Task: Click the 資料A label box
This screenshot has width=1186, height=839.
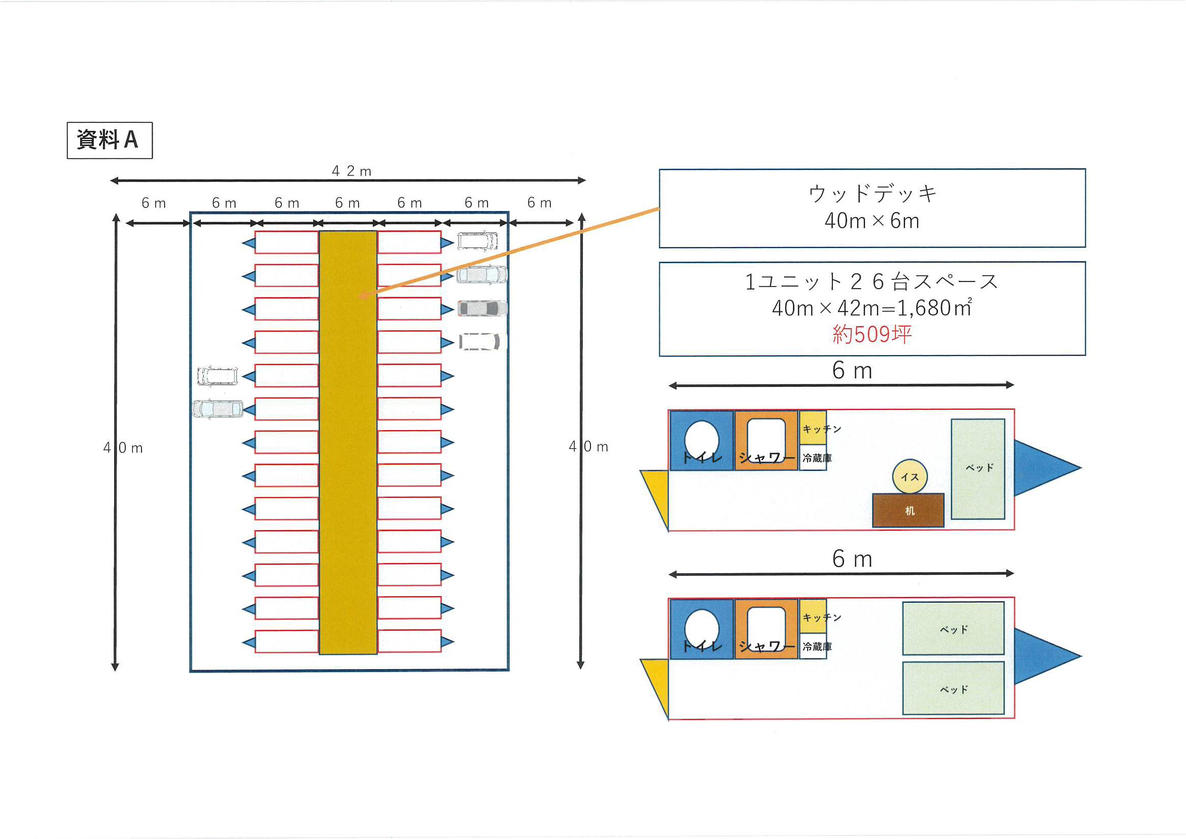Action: (110, 140)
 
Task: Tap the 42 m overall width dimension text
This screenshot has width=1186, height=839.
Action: (351, 171)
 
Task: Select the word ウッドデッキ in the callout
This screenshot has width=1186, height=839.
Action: (872, 194)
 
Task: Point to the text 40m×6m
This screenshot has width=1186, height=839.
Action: (872, 221)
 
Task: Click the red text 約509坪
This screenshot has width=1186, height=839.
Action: (872, 334)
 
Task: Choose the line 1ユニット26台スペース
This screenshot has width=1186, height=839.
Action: (872, 282)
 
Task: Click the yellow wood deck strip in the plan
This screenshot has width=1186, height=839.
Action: (348, 465)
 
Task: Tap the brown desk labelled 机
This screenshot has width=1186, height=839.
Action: (908, 510)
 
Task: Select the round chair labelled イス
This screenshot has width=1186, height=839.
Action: (910, 476)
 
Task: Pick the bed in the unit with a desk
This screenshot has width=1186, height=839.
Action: (978, 469)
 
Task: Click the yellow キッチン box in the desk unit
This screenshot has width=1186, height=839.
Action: (813, 428)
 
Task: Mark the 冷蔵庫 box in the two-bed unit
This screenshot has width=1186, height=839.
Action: (813, 646)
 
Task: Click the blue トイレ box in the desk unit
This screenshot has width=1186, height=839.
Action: (702, 441)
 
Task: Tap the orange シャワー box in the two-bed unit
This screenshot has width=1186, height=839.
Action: (766, 628)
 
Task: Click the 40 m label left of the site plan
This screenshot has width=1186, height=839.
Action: (123, 448)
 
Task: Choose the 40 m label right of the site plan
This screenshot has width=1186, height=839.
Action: (588, 447)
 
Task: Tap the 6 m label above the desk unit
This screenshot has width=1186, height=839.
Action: (852, 371)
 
